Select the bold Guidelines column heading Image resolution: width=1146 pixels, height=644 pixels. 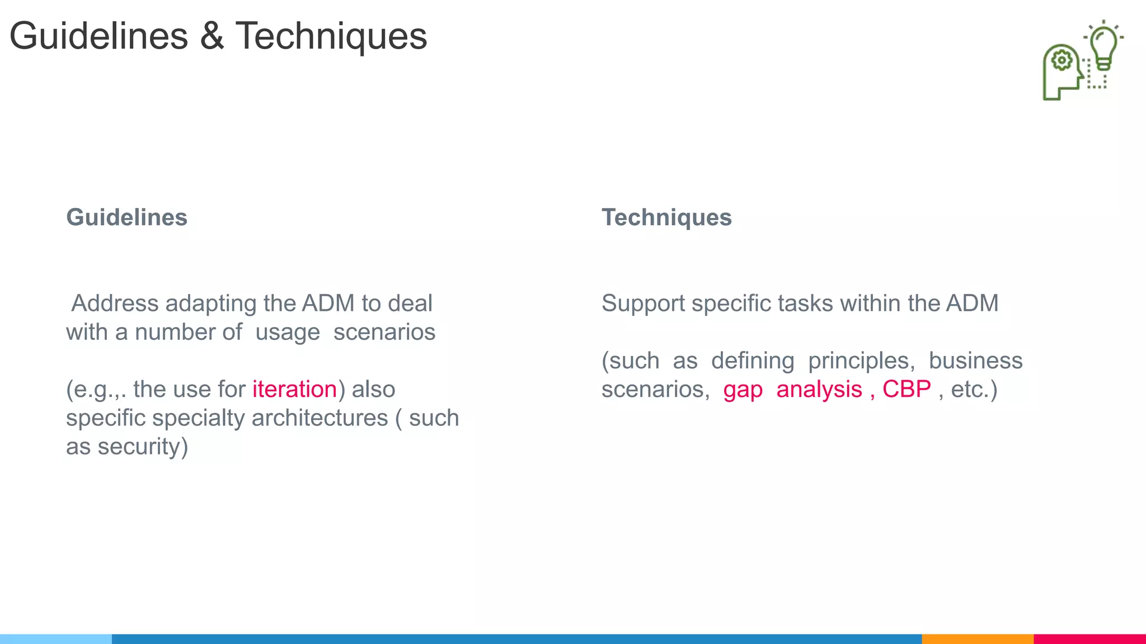pyautogui.click(x=126, y=217)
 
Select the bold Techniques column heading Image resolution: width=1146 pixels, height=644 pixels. pyautogui.click(x=666, y=217)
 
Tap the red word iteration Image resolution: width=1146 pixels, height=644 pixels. pyautogui.click(x=294, y=389)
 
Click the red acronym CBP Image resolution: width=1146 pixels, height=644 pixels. pyautogui.click(x=907, y=389)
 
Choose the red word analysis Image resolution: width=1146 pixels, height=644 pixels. pyautogui.click(x=819, y=389)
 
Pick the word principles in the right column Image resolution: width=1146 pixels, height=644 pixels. pyautogui.click(x=861, y=361)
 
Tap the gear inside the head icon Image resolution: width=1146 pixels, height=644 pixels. pyautogui.click(x=1062, y=60)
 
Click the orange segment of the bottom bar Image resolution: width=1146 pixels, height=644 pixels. pyautogui.click(x=977, y=638)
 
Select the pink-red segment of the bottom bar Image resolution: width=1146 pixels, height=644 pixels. pyautogui.click(x=1089, y=638)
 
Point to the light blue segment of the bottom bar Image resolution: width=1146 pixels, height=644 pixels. pyautogui.click(x=56, y=638)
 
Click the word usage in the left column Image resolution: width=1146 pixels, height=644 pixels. pyautogui.click(x=287, y=333)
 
